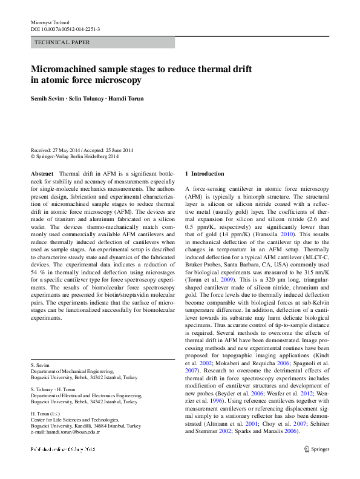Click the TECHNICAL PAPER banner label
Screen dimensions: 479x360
tap(62, 42)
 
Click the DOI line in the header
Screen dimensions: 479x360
tap(65, 29)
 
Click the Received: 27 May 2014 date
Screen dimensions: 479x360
tap(57, 150)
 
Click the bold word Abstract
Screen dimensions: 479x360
tap(42, 174)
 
